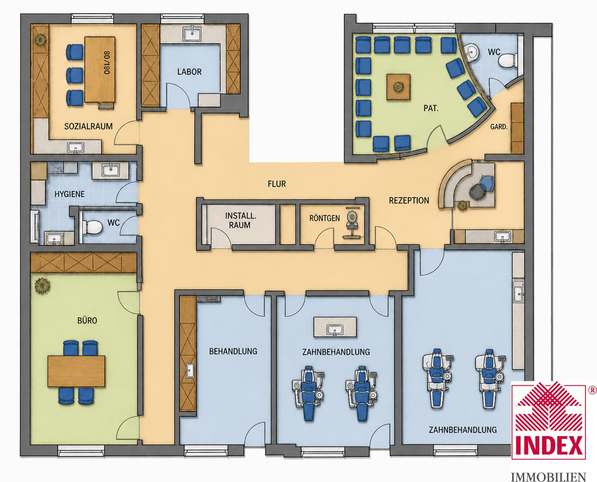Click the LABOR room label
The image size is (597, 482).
[x=190, y=72]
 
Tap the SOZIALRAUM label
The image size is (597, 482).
[x=89, y=126]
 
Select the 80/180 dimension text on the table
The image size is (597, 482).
[x=107, y=62]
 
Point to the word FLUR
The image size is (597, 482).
[x=277, y=184]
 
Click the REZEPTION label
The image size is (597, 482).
[x=409, y=201]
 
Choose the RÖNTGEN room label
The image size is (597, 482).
[x=324, y=218]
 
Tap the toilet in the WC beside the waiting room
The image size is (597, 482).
[x=508, y=60]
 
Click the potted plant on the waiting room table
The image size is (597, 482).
[x=398, y=87]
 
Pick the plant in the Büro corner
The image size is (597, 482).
[x=42, y=286]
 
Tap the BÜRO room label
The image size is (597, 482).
[x=87, y=320]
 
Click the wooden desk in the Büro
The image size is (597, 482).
[x=77, y=371]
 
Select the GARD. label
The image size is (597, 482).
[x=499, y=127]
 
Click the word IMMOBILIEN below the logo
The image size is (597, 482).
[x=549, y=477]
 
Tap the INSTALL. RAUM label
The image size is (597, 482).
[x=241, y=220]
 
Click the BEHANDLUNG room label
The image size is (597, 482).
[x=233, y=351]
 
